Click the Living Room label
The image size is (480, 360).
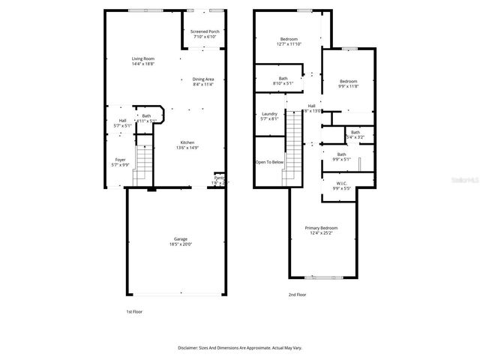click(142, 58)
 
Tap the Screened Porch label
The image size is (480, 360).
click(204, 31)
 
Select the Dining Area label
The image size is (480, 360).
click(203, 79)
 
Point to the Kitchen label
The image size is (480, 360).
click(187, 142)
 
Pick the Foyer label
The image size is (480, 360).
click(120, 159)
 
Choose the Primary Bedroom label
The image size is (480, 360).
click(321, 227)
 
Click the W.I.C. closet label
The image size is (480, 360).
click(341, 182)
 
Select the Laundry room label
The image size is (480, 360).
click(269, 113)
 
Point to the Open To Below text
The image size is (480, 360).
click(269, 162)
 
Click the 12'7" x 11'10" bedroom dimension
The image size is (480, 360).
click(289, 44)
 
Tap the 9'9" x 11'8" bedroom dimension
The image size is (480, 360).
click(348, 86)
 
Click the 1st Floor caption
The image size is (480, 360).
click(134, 310)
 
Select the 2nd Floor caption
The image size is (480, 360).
click(297, 295)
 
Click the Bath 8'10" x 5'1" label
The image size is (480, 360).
click(283, 80)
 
